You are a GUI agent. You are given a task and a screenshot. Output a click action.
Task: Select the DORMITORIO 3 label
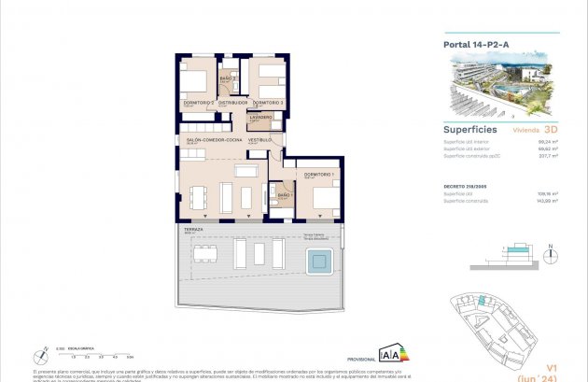pyautogui.click(x=267, y=102)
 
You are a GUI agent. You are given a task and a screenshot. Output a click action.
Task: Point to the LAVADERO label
pyautogui.click(x=259, y=118)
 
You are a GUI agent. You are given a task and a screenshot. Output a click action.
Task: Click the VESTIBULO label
pyautogui.click(x=260, y=139)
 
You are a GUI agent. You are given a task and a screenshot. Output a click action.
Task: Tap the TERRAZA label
pyautogui.click(x=194, y=229)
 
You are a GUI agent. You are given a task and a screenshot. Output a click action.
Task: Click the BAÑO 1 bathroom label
pyautogui.click(x=285, y=195)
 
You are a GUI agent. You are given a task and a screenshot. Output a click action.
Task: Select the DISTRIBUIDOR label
pyautogui.click(x=233, y=102)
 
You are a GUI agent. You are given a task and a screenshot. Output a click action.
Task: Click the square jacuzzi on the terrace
pyautogui.click(x=320, y=262)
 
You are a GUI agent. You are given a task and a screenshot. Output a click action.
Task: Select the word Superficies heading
pyautogui.click(x=469, y=130)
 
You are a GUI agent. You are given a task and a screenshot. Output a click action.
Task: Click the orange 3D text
pyautogui.click(x=550, y=131)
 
